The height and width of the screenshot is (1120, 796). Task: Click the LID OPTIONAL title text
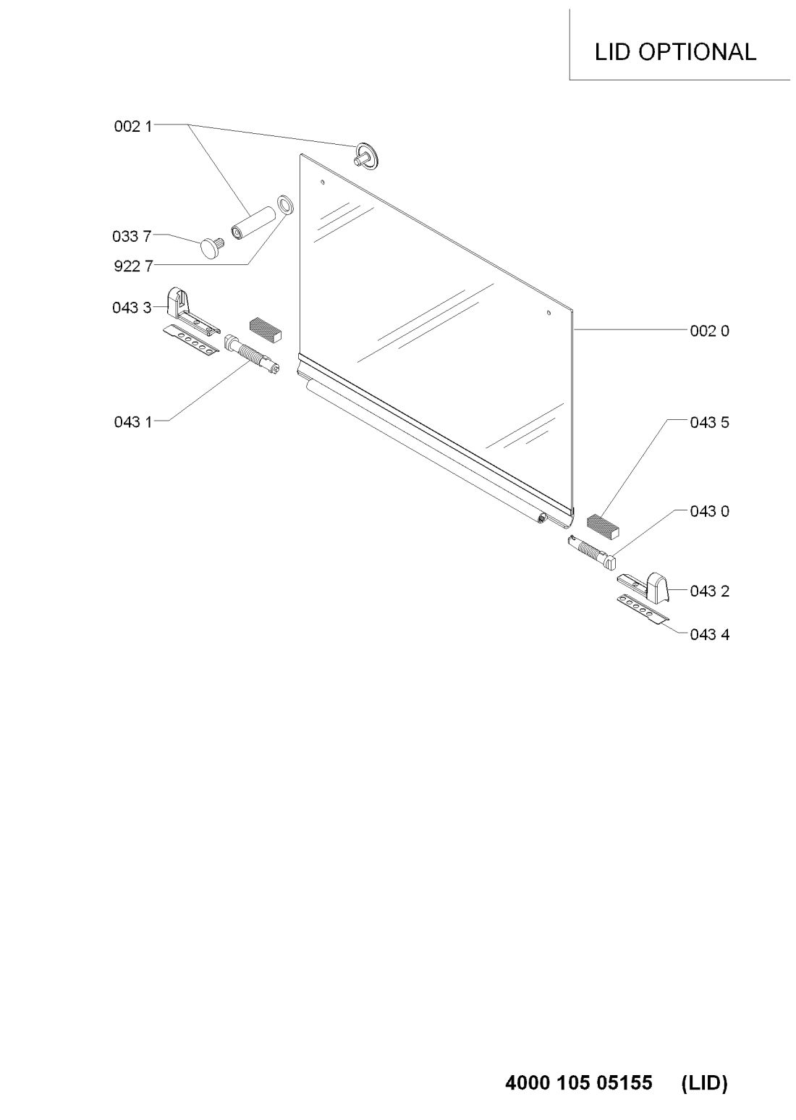pos(675,52)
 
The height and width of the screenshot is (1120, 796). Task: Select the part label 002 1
pos(133,127)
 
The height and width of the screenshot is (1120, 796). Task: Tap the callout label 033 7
pos(132,236)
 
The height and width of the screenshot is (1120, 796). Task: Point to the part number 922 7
pos(133,266)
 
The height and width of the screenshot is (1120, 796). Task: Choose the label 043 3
pos(132,308)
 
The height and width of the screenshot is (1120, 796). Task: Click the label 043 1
pos(133,422)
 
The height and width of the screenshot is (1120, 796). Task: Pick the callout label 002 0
pos(710,331)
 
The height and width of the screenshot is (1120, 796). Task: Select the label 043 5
pos(710,423)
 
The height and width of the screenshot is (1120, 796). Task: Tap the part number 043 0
pos(710,511)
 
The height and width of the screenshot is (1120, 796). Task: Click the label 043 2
pos(710,591)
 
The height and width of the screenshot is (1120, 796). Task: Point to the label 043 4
pos(710,634)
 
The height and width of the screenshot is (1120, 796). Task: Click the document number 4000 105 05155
pos(579,1082)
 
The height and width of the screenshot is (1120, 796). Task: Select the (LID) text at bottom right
pos(705,1082)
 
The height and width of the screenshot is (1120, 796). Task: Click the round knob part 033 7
pos(211,246)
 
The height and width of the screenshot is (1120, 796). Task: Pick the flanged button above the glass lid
pos(366,155)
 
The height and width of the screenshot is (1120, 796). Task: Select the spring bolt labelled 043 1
pos(252,355)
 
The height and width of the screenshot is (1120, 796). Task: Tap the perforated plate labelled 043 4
pos(643,608)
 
